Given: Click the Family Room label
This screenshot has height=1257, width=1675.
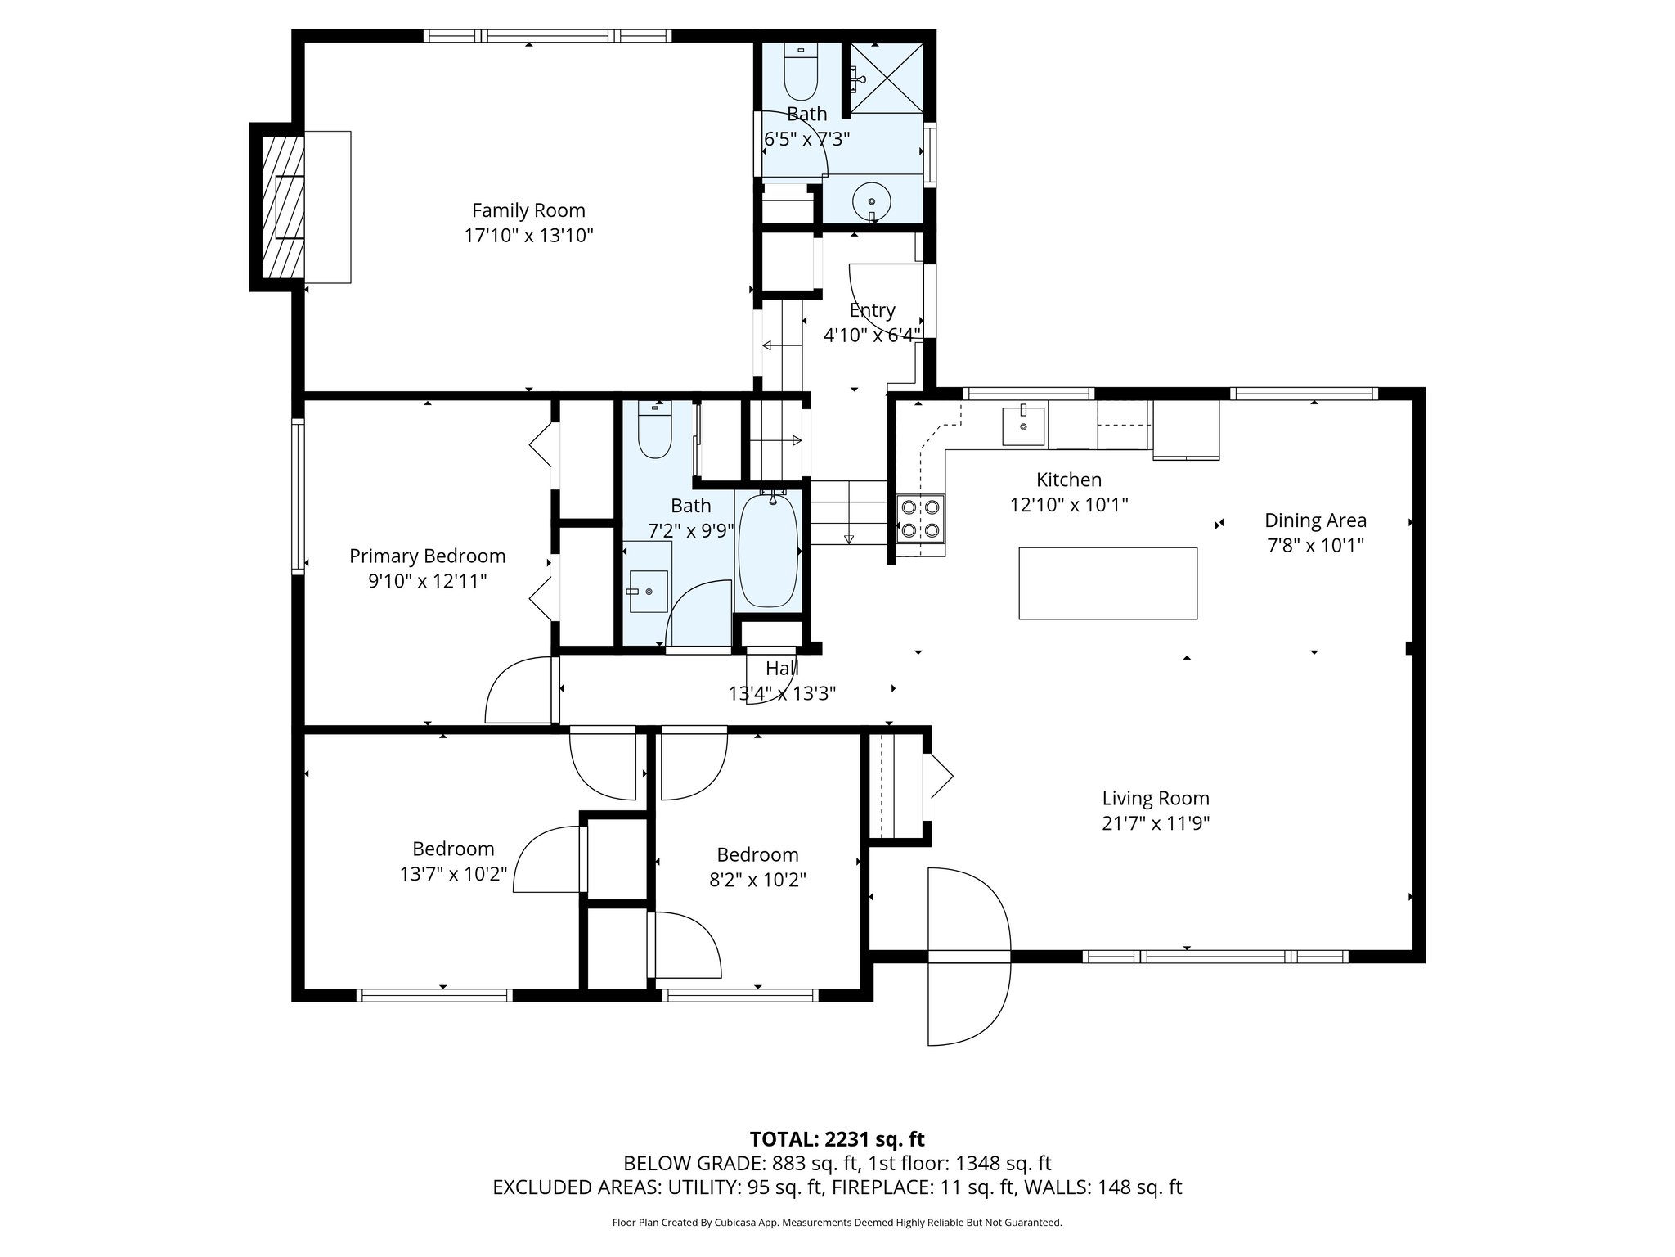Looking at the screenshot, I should point(528,210).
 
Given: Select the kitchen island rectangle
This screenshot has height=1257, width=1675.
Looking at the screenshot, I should point(1107,583).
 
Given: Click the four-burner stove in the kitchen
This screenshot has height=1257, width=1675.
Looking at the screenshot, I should point(920,519).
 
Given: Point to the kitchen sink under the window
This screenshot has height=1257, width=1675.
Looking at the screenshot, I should point(1023,426).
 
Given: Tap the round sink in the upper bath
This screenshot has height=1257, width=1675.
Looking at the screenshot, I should point(873,200).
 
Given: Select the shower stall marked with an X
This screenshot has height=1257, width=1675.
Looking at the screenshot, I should point(887,79).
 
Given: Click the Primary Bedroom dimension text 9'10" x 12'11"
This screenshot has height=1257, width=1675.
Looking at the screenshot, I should point(427,582).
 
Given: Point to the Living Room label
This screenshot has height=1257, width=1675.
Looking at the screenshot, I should point(1155,798).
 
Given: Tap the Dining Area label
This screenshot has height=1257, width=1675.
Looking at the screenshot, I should point(1315,520).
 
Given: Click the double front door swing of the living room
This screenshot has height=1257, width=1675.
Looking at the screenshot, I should point(968,956).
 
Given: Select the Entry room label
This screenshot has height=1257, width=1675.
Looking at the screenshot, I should point(872,310).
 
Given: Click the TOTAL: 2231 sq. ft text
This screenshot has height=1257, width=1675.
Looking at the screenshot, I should point(837,1139).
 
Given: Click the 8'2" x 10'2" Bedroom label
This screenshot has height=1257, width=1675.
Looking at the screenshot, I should point(757,855).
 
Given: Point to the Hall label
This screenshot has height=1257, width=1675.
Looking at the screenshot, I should point(782,669).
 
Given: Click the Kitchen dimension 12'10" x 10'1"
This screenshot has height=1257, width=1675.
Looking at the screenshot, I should point(1068,505).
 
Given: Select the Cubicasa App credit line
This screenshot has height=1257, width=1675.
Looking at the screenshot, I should point(837,1223).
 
